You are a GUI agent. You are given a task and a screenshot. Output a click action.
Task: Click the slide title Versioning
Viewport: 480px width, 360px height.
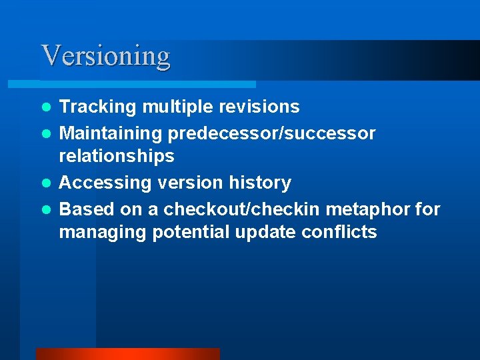(105, 55)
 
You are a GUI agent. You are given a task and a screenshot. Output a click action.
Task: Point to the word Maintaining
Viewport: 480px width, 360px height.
(111, 133)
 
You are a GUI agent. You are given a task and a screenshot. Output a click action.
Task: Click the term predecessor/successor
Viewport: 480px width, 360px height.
(271, 133)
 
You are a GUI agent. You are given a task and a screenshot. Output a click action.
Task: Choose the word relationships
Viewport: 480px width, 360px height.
(117, 156)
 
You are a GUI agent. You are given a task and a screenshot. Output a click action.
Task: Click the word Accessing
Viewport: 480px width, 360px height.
(100, 183)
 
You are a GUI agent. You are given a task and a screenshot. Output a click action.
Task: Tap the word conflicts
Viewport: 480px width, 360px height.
(339, 232)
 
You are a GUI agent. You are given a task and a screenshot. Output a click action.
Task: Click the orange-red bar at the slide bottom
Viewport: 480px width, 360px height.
(127, 353)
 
